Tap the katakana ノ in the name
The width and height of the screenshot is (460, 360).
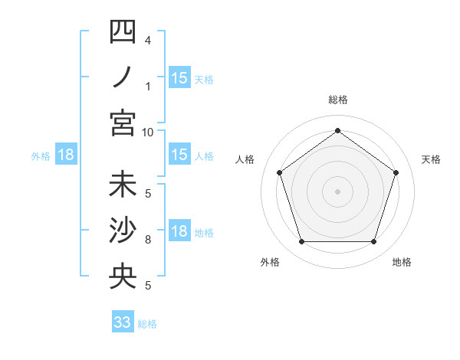tap(123, 77)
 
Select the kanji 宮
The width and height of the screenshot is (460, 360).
tap(123, 123)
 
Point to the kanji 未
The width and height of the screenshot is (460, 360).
tap(123, 186)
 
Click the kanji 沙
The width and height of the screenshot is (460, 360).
tap(123, 231)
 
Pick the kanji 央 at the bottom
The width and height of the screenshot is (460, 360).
tap(123, 277)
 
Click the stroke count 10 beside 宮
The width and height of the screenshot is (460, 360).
tap(148, 132)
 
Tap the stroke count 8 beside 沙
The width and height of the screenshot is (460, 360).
tap(147, 240)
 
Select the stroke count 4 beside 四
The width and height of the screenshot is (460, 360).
tap(147, 39)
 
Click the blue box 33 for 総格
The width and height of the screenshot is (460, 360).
tap(123, 322)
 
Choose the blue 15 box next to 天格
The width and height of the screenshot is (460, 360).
tap(179, 77)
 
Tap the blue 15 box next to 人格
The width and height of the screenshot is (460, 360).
tap(179, 155)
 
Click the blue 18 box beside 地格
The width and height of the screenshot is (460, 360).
tap(179, 231)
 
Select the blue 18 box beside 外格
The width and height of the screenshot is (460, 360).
tap(66, 155)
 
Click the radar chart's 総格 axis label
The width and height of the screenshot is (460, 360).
tap(337, 100)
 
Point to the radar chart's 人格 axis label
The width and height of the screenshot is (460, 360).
tap(245, 159)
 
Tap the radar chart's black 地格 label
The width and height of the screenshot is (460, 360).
tap(402, 262)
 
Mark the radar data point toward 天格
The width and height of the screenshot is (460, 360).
tap(396, 172)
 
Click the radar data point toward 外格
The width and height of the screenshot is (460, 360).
tap(301, 242)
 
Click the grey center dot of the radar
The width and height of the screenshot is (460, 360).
tap(337, 191)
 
